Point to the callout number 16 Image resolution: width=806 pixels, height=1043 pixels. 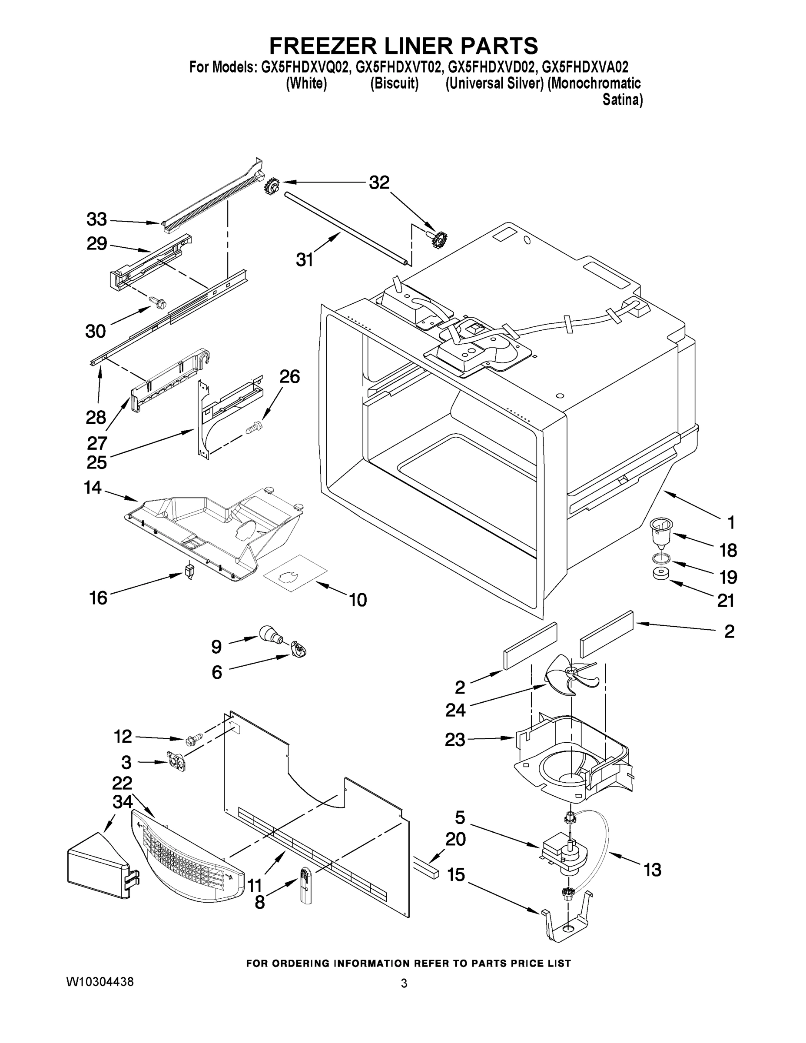tap(98, 598)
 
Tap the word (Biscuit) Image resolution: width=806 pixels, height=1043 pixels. tap(395, 83)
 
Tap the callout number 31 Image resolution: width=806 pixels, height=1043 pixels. tap(304, 260)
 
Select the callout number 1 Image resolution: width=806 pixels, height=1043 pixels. tap(730, 522)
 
